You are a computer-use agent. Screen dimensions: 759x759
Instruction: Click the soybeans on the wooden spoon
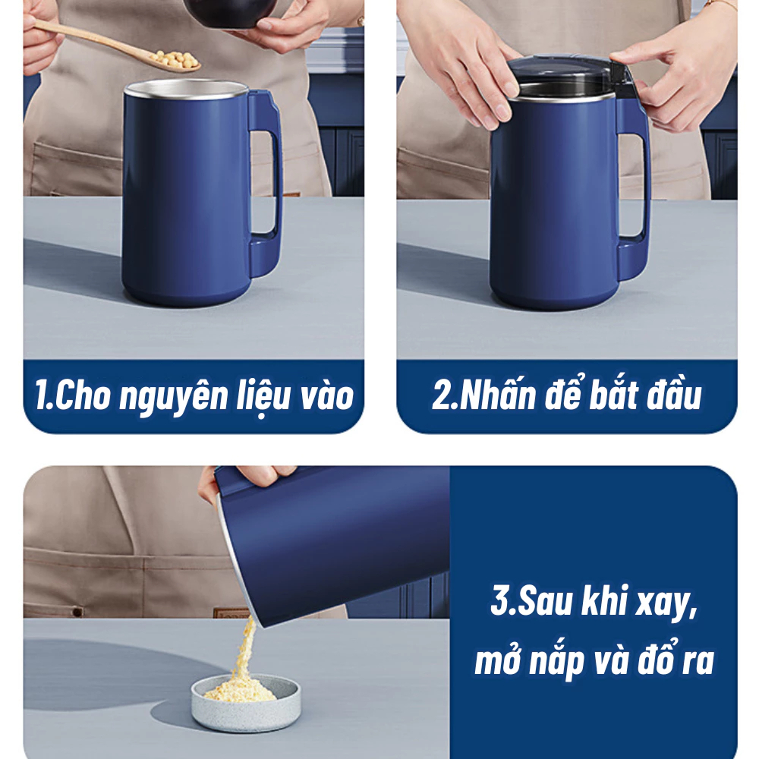coord(175,59)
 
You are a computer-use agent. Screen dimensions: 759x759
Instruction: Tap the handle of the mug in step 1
coord(267,184)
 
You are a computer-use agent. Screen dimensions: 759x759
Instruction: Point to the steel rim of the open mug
coord(187,89)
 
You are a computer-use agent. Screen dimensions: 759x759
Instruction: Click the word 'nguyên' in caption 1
coord(173,397)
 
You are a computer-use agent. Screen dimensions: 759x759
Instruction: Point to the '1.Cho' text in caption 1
coord(73,395)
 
